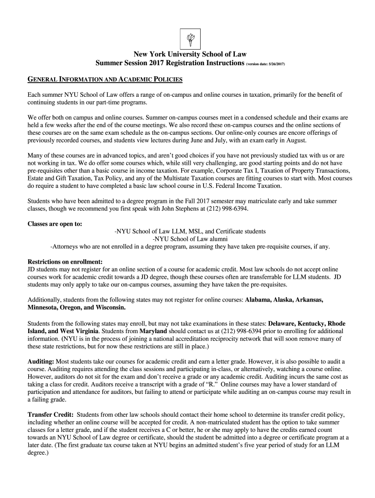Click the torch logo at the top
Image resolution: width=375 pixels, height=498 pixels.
point(187,37)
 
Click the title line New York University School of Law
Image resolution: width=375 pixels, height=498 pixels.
point(187,54)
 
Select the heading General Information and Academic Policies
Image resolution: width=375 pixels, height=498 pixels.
point(105,79)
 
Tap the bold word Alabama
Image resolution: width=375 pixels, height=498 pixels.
point(261,300)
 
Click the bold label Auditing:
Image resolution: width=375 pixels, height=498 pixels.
point(41,362)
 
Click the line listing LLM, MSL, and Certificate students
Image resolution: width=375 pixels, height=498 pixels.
point(190,231)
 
